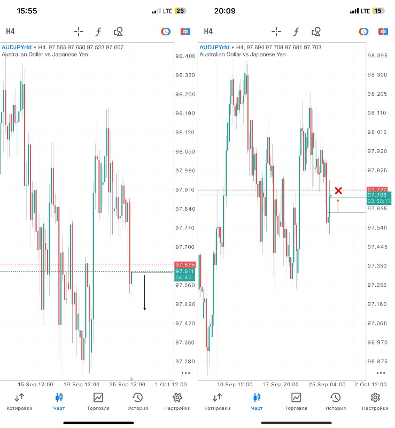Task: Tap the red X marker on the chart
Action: pos(338,190)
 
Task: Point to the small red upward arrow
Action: pos(338,205)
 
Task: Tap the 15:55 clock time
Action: pos(27,10)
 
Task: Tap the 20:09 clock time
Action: pos(224,10)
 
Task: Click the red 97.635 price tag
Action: pos(185,265)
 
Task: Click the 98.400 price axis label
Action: pos(185,56)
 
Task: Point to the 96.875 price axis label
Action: pos(377,361)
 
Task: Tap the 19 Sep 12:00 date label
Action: pos(82,384)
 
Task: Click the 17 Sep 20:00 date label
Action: pos(280,384)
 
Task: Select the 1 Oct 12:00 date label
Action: pos(171,384)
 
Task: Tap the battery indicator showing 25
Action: pos(180,11)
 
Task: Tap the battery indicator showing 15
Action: pos(378,11)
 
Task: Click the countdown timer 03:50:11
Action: pos(379,202)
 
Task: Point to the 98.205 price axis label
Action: pos(377,94)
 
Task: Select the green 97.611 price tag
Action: pos(185,272)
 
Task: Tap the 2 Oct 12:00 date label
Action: pos(370,384)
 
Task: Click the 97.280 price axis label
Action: pos(185,361)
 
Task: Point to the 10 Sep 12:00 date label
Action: pos(235,384)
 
